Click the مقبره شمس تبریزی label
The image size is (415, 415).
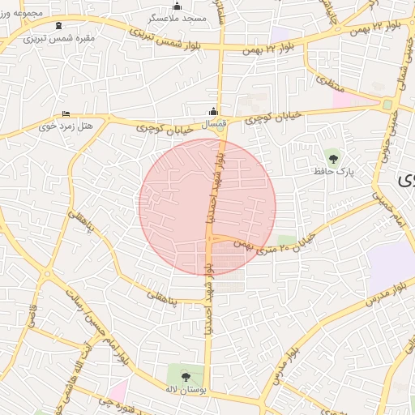(x=58, y=37)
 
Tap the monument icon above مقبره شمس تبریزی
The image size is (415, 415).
(x=58, y=25)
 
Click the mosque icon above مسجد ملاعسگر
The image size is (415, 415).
(x=177, y=6)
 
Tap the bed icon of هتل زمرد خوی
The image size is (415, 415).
(x=66, y=114)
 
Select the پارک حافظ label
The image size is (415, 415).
(x=333, y=172)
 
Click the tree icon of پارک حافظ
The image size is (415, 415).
(x=332, y=158)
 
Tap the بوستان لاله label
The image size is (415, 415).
(x=187, y=390)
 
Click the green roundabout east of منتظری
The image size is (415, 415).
(x=387, y=105)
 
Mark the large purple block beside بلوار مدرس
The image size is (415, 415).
(x=389, y=268)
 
